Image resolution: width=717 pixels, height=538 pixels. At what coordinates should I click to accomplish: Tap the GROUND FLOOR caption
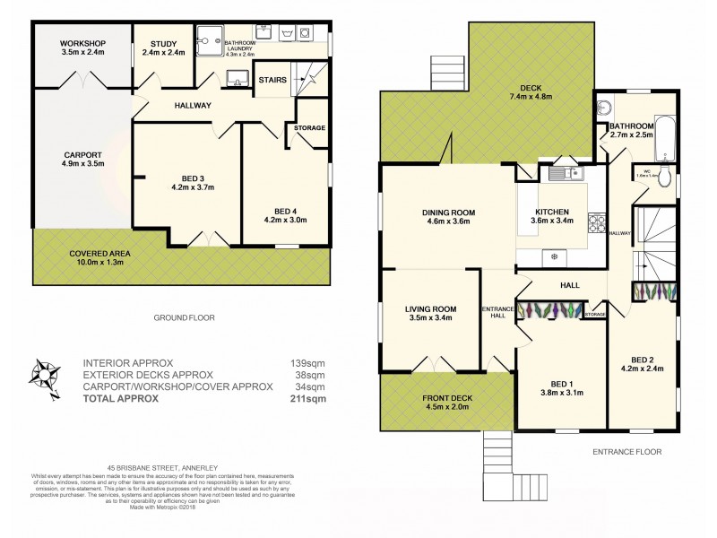pyautogui.click(x=184, y=317)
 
